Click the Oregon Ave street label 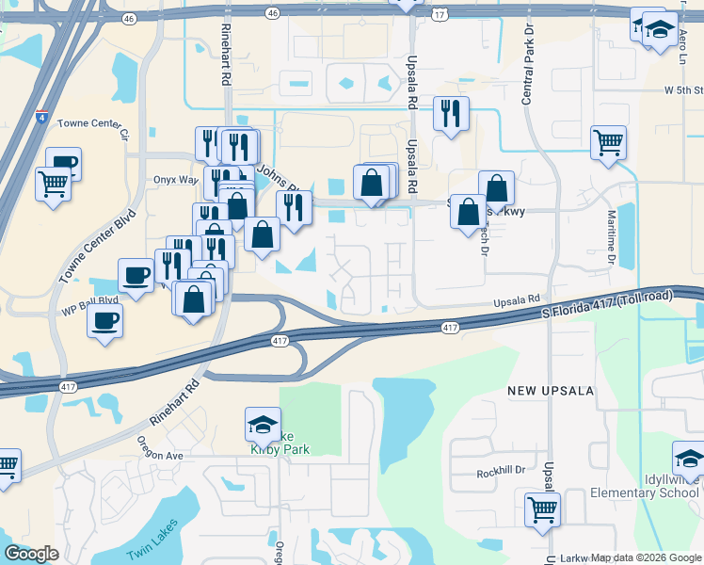(x=159, y=456)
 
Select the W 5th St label (x=683, y=90)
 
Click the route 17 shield (x=440, y=15)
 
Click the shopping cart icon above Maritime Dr (x=609, y=142)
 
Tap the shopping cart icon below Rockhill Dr (x=543, y=509)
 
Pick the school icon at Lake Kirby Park (x=263, y=425)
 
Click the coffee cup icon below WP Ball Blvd (x=104, y=320)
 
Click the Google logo (x=32, y=554)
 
